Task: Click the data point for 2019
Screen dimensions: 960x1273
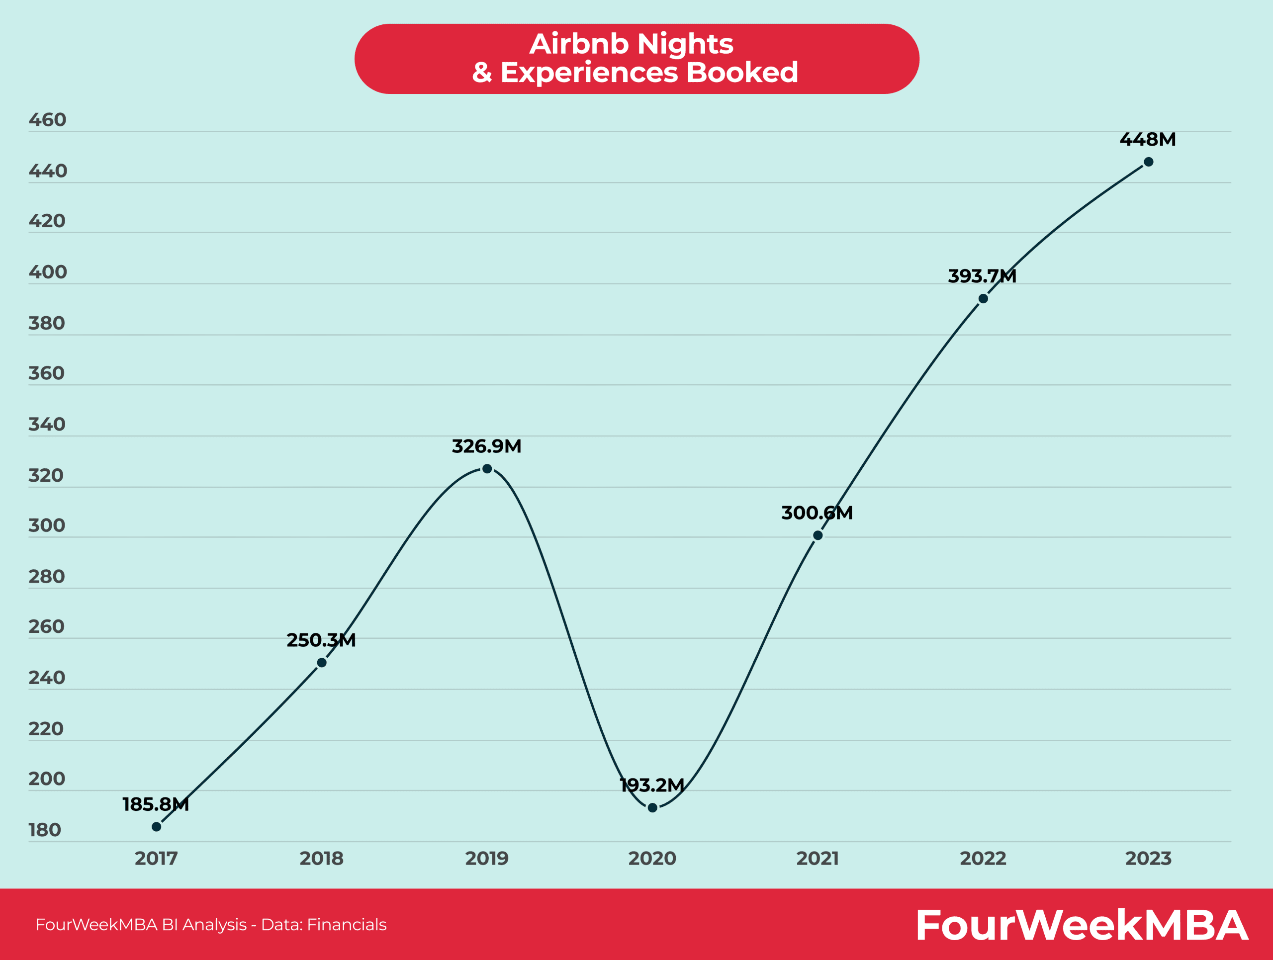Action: coord(487,469)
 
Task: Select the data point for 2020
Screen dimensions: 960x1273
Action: coord(652,807)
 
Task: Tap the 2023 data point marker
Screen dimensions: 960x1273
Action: coord(1148,162)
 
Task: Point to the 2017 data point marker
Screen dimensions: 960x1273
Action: coord(157,827)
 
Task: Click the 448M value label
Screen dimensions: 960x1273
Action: coord(1147,139)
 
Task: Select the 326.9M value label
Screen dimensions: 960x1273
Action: coord(486,446)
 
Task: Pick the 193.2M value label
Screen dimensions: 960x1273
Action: coord(651,785)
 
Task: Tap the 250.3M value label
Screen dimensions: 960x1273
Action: coord(321,640)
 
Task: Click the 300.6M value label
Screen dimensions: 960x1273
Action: coord(817,513)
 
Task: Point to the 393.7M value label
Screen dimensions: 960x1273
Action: coord(982,276)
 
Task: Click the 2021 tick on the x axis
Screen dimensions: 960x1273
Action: coord(817,859)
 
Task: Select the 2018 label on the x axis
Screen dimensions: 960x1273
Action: coord(321,859)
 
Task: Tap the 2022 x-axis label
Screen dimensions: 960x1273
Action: coord(983,859)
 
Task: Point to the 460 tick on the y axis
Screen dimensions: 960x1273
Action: coord(47,120)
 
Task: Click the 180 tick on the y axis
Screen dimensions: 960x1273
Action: coord(45,830)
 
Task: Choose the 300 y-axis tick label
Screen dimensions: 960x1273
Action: coord(47,525)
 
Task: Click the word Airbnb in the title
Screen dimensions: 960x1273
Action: coord(578,44)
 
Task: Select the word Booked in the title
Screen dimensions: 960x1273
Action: coord(742,73)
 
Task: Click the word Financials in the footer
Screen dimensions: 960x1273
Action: coord(347,924)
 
